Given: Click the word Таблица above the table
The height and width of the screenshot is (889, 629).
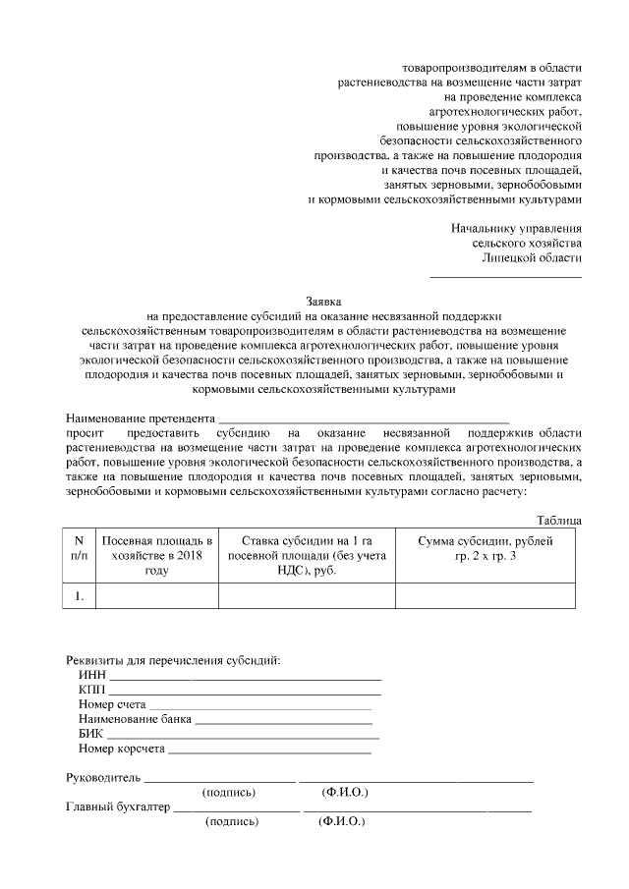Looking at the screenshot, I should (x=559, y=520).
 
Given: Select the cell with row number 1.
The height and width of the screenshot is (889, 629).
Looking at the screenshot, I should (x=80, y=595).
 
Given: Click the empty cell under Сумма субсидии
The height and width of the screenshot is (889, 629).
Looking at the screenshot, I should (x=486, y=595).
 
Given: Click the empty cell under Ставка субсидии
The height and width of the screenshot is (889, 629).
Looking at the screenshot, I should (x=306, y=595).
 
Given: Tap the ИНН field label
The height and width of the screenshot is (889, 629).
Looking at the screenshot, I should (x=91, y=675).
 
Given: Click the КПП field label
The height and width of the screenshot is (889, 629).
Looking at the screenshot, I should (x=91, y=690).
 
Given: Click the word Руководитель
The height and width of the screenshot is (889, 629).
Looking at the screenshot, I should (x=103, y=777).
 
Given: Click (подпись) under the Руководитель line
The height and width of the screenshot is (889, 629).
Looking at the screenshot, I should (x=228, y=792).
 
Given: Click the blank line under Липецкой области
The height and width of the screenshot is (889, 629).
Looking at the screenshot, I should (x=505, y=275).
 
